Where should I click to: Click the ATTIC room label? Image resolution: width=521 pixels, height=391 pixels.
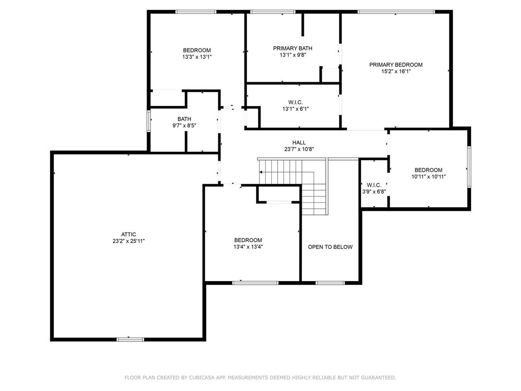(x=128, y=234)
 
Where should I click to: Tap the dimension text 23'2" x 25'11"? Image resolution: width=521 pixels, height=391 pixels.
(x=128, y=241)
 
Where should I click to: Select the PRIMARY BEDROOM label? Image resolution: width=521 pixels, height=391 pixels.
(x=396, y=65)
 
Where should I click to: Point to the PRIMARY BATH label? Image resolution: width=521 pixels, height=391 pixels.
(x=292, y=48)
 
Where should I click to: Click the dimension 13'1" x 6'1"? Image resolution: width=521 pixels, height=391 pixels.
(x=295, y=109)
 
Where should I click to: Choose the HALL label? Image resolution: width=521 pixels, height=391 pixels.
(x=299, y=142)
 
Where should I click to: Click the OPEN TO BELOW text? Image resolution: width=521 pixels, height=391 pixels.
(x=330, y=247)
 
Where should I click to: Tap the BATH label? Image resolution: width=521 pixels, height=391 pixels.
(x=184, y=119)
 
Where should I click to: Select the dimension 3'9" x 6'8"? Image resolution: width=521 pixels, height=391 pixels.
(x=374, y=192)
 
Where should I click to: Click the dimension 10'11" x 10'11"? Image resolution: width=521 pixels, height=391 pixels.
(x=428, y=177)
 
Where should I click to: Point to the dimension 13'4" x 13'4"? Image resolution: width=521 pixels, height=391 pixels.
(x=248, y=247)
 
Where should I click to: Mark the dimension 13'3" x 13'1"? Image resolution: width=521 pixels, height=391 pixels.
(x=196, y=56)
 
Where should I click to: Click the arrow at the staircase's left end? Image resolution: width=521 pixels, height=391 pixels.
(x=262, y=172)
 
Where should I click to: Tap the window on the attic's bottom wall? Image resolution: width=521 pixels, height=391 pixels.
(x=130, y=339)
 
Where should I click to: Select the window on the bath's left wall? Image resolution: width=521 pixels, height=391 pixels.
(x=149, y=121)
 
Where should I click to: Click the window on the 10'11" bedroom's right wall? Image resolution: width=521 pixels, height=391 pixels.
(x=469, y=167)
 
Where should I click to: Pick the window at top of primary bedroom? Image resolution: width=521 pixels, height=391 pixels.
(x=396, y=11)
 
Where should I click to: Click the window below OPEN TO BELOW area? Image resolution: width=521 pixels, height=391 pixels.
(x=330, y=283)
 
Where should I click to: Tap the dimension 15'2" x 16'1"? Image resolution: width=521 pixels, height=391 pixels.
(x=396, y=71)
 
